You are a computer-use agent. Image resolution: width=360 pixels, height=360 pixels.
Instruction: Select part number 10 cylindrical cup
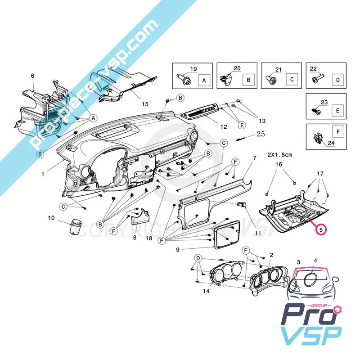click(74, 226)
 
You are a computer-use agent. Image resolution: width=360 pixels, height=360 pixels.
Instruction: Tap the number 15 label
click(145, 104)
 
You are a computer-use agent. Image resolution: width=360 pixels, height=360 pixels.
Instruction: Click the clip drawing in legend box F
click(318, 139)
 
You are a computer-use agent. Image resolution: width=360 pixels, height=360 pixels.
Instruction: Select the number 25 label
click(261, 134)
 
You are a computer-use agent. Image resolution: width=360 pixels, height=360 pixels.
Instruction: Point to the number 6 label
click(32, 76)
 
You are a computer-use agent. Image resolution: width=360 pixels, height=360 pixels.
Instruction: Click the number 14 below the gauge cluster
click(206, 291)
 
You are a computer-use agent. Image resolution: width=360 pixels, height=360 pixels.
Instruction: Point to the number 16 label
click(279, 165)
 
